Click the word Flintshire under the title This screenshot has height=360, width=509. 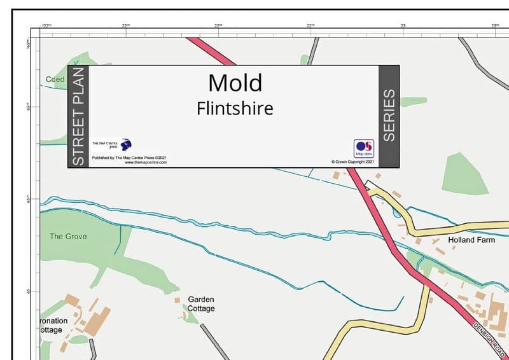point(235,107)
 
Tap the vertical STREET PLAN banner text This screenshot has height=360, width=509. point(78,116)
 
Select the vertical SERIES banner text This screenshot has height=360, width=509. point(389,116)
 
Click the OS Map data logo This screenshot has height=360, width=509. point(363,148)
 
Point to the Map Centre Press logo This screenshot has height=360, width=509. point(126,144)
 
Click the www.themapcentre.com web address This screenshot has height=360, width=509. point(146,163)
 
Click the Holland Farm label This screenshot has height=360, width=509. point(471,240)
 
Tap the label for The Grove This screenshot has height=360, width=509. point(68,237)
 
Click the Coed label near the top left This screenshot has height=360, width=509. point(55,80)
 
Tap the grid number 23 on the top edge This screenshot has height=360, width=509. point(403,25)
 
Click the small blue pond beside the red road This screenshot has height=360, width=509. point(398,214)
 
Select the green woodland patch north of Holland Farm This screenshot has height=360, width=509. point(464,172)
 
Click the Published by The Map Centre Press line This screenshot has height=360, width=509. point(129,157)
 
